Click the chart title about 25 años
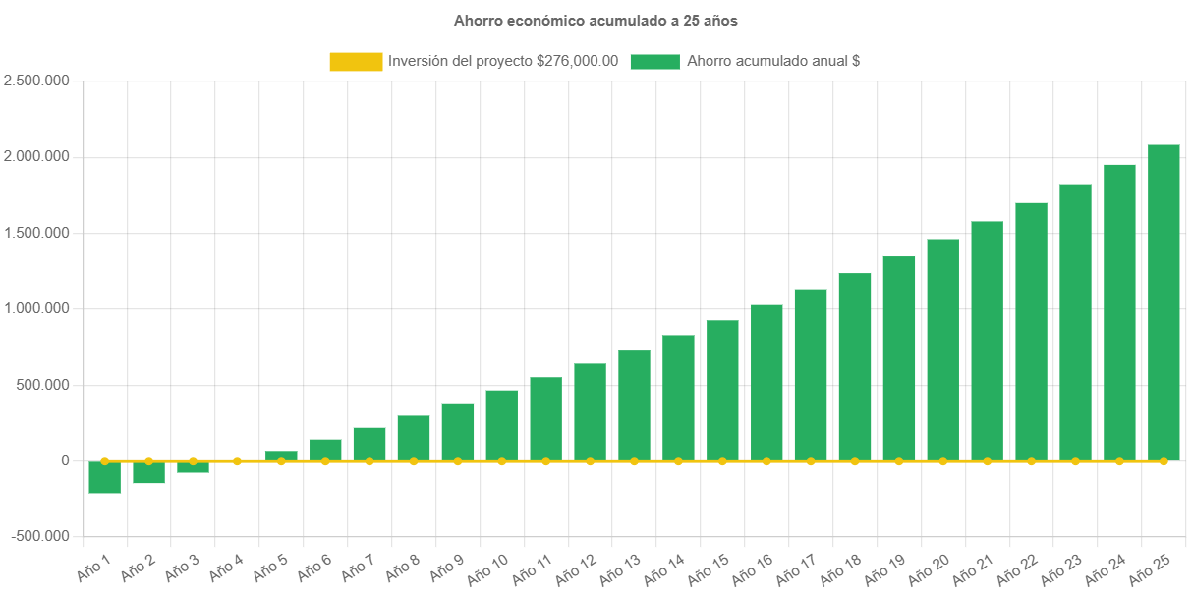coord(596,20)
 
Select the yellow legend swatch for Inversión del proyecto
coord(356,62)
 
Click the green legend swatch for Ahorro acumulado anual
coord(654,62)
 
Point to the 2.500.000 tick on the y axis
coord(36,81)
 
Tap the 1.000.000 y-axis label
coord(36,308)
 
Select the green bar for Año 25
coord(1164,302)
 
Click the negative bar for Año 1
coord(104,477)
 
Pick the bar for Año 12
coord(590,411)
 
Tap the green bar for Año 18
coord(855,366)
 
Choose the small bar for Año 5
coord(281,456)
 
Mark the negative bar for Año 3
coord(193,467)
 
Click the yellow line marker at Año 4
coord(237,460)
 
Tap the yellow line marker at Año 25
coord(1164,460)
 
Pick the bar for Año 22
coord(1031,331)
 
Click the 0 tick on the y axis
coord(65,460)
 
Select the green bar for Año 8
coord(414,438)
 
